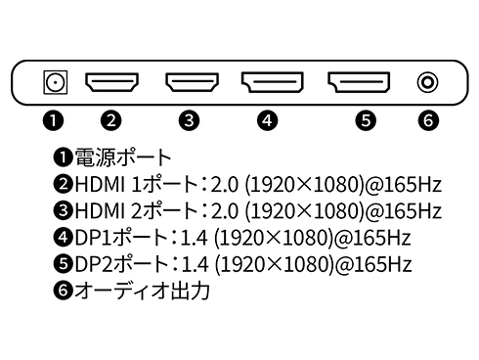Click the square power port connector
(55, 82)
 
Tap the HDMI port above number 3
(191, 82)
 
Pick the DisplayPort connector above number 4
(271, 82)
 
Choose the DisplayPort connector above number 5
(359, 82)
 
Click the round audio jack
(426, 82)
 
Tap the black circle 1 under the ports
(55, 121)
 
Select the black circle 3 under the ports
(191, 121)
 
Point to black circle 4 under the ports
(270, 121)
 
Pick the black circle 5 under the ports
(366, 121)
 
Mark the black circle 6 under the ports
(426, 121)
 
